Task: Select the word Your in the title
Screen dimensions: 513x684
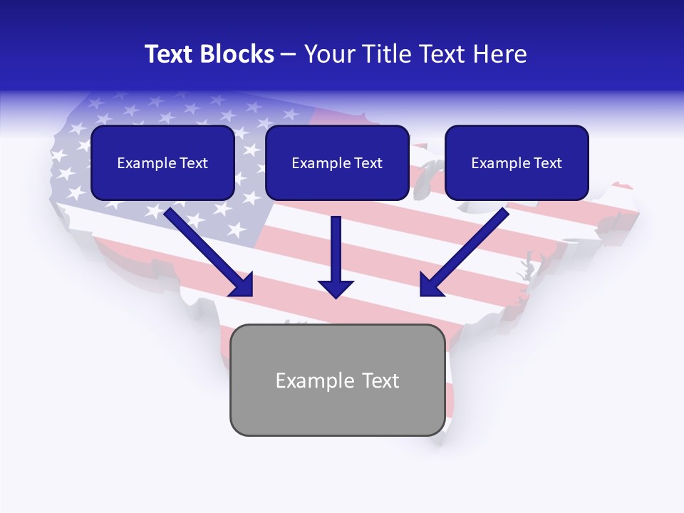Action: point(328,54)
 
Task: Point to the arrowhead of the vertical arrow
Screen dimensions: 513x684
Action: point(336,288)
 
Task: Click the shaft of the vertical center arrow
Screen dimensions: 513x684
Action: point(336,246)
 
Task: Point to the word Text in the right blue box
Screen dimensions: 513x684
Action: point(548,163)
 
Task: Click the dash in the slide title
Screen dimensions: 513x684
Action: point(289,54)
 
